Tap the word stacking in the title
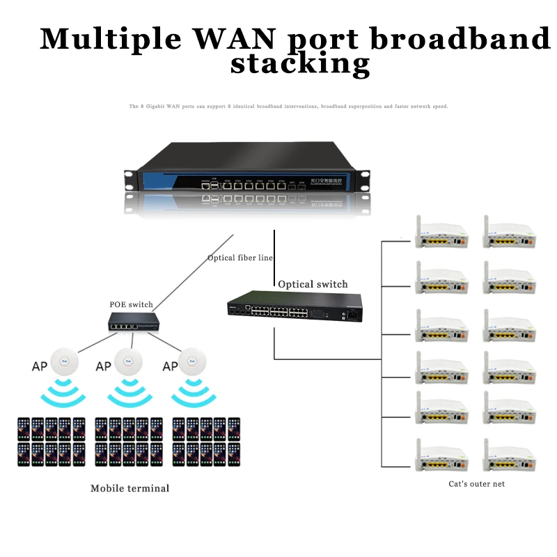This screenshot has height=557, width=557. (300, 64)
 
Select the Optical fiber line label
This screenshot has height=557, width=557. (240, 258)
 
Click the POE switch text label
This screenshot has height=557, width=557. (132, 304)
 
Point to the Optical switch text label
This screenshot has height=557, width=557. (313, 284)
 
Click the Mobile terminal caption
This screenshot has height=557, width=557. (130, 488)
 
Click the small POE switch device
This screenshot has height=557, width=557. (132, 322)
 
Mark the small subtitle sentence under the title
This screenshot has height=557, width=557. (288, 107)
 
